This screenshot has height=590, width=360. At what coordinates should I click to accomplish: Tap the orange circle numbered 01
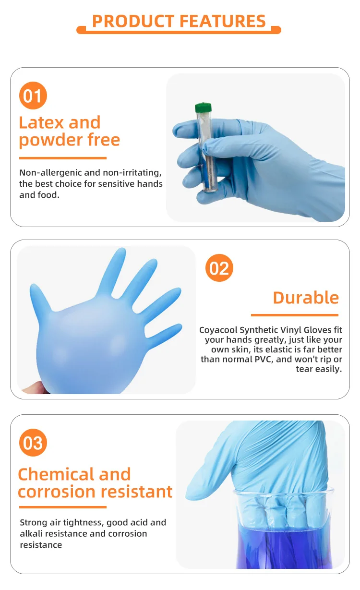pos(33,96)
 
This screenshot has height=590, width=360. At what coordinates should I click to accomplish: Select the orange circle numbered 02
pos(219,268)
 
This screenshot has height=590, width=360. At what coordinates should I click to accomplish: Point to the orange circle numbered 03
pos(33,443)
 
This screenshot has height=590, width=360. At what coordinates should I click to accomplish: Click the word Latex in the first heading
pos(41,122)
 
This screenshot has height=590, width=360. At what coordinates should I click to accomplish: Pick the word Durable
pos(306,298)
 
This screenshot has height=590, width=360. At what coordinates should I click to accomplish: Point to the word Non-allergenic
pos(54,172)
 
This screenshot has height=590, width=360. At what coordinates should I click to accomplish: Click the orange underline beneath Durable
pos(294,315)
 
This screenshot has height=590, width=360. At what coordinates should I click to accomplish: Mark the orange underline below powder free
pos(62,158)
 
